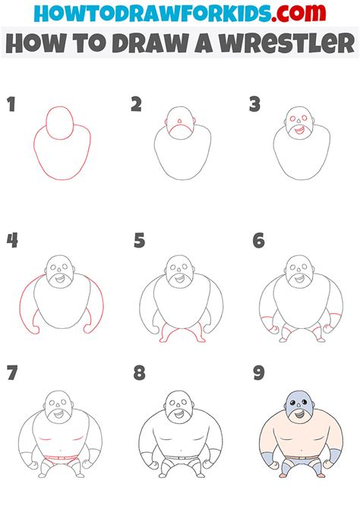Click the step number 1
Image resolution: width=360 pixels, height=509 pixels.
[11, 105]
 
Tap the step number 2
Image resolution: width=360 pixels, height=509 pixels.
[136, 105]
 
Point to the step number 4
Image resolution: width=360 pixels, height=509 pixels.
[12, 242]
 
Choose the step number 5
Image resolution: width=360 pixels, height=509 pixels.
[139, 242]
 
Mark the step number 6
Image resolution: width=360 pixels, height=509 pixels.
[259, 242]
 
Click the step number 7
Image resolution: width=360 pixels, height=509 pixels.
[11, 373]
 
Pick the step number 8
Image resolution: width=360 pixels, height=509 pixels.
[139, 373]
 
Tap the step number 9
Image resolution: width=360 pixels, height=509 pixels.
[259, 373]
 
